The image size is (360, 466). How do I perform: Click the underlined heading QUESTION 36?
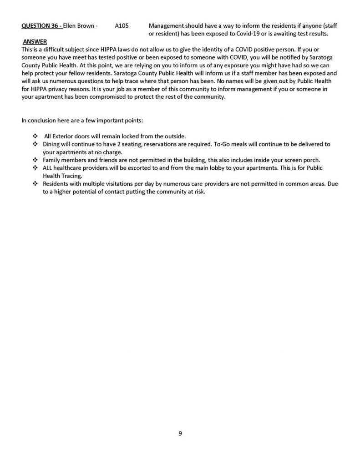coord(41,27)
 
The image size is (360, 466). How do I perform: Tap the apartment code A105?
coord(122,27)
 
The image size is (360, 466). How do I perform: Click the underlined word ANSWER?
coord(35,42)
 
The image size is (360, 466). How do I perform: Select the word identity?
coord(198,49)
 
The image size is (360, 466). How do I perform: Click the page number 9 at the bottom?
coord(180,434)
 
